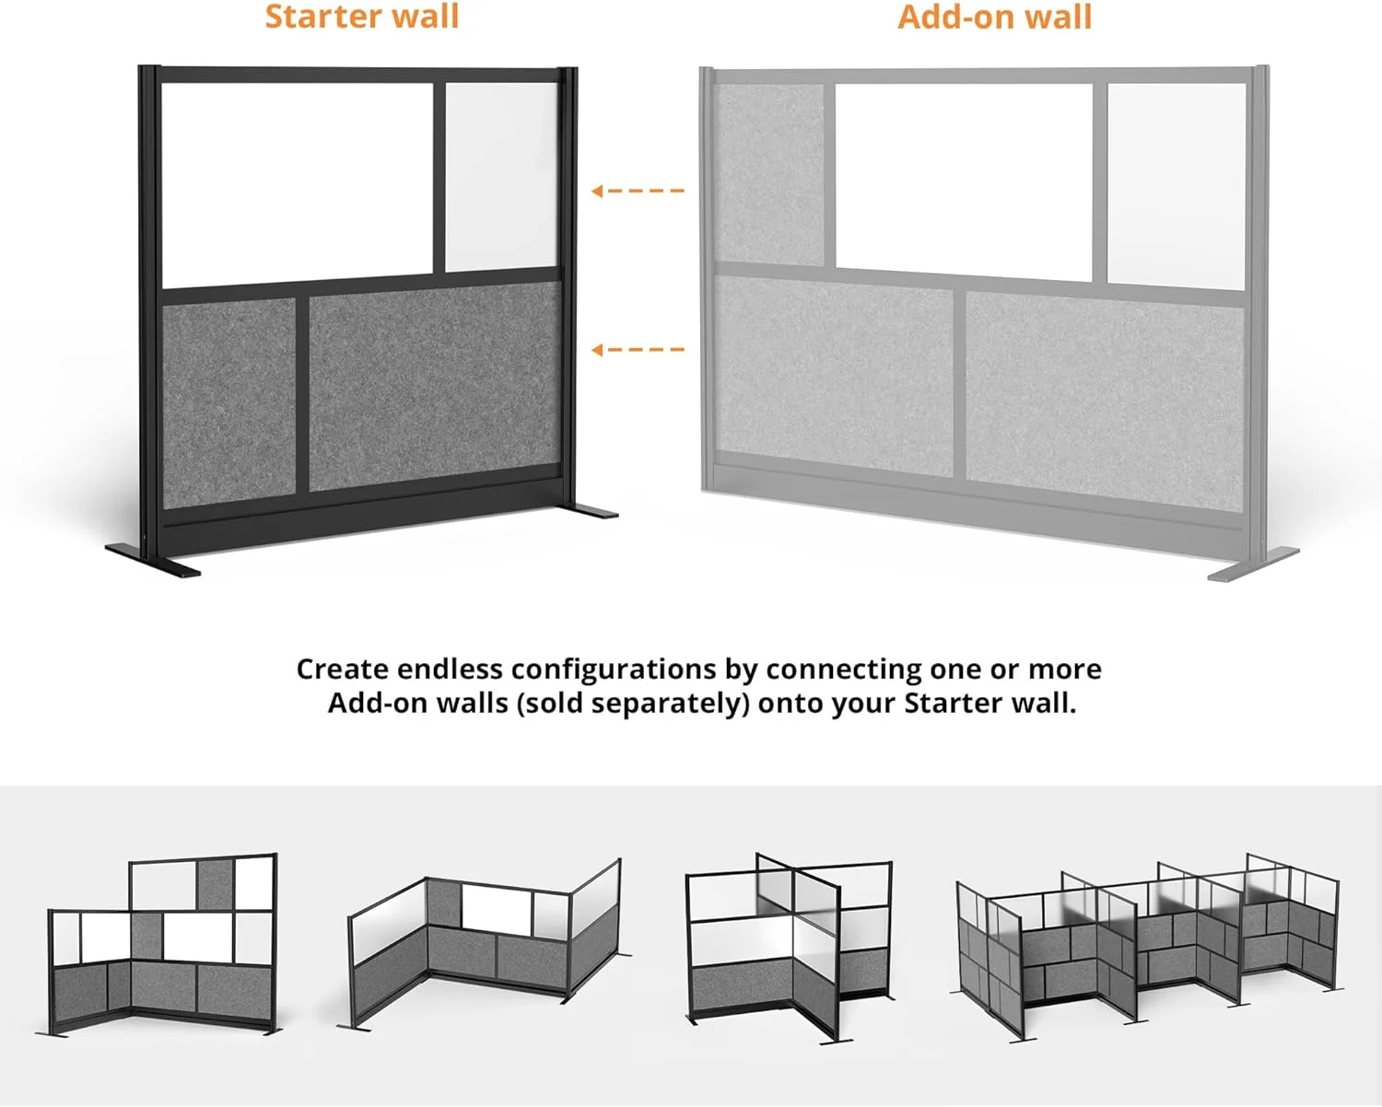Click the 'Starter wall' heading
point(361,17)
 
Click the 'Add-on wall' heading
point(994,17)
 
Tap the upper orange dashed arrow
point(638,191)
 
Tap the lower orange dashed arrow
point(638,349)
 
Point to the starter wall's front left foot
point(152,562)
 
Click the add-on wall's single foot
point(1253,564)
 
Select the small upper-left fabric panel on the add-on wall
point(769,170)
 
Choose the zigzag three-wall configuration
point(484,944)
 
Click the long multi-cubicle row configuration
point(1147,944)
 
